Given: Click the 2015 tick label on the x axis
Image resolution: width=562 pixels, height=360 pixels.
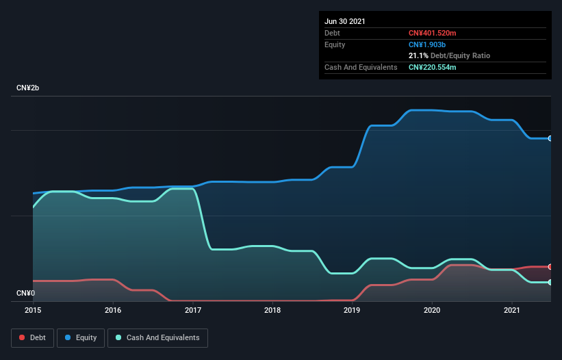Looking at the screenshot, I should click(33, 310).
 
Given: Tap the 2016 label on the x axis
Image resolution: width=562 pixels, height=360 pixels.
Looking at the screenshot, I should click(113, 310).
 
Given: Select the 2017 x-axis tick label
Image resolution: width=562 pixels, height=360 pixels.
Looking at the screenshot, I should click(193, 310).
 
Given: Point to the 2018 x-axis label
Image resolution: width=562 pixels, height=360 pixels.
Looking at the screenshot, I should click(272, 310).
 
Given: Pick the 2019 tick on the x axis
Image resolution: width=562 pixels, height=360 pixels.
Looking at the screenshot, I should click(353, 310).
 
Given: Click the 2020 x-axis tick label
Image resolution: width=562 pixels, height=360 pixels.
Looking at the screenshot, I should click(432, 310).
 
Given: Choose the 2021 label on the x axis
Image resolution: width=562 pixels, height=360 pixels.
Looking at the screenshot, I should click(512, 310).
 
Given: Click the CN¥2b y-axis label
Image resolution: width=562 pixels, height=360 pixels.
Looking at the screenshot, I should click(29, 89).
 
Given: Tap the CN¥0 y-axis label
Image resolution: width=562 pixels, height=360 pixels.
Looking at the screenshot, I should click(25, 294).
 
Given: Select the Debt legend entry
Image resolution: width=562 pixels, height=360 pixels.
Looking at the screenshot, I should click(30, 337).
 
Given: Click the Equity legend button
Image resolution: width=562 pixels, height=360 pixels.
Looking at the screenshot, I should click(81, 337).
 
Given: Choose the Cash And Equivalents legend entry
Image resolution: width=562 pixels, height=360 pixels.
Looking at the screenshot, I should click(157, 337).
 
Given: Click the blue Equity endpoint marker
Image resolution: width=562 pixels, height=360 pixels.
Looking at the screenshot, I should click(550, 138).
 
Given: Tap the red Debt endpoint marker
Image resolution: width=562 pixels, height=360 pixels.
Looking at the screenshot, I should click(550, 266).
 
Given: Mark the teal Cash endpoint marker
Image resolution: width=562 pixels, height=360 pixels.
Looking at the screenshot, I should click(550, 282).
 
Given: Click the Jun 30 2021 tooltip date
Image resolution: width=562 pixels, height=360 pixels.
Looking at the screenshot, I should click(345, 21).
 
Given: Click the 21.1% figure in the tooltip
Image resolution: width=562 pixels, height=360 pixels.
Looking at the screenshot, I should click(418, 55).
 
